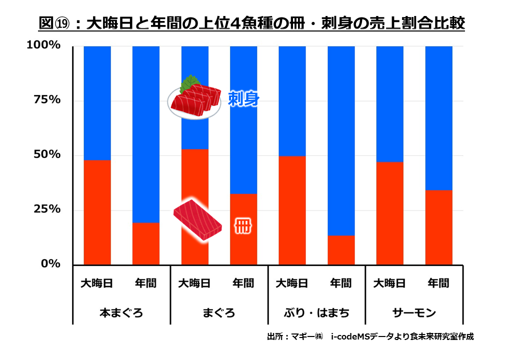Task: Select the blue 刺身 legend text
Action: coord(243,99)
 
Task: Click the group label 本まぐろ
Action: coord(121,313)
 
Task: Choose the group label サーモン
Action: coord(414,313)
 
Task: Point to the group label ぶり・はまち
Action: coord(316,313)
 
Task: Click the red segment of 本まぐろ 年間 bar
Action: coord(146,243)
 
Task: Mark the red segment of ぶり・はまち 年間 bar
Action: coord(341,250)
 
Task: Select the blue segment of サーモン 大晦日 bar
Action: coord(389,104)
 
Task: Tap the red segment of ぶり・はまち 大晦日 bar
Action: coord(292,210)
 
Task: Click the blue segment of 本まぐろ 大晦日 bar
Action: coord(97,103)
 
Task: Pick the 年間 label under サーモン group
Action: coord(438,283)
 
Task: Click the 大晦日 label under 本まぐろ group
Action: coord(97,283)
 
